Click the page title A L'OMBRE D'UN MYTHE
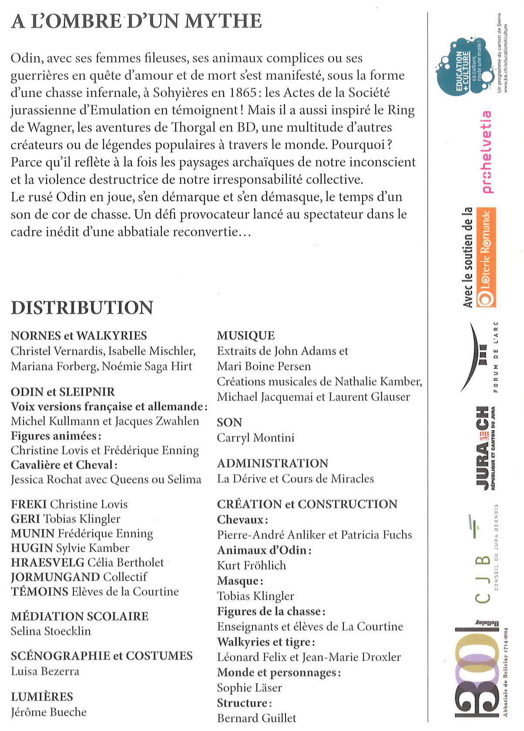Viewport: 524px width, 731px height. (x=136, y=21)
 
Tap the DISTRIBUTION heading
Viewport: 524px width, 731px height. (x=82, y=308)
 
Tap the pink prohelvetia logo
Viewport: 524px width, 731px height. (x=486, y=152)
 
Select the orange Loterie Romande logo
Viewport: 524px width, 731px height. (x=486, y=258)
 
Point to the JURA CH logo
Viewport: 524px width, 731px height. (x=484, y=448)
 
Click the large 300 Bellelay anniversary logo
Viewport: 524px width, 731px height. (x=477, y=670)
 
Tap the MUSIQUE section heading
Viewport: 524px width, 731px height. (x=246, y=335)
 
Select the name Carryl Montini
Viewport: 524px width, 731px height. (x=256, y=438)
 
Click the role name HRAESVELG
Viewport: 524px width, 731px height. (x=47, y=562)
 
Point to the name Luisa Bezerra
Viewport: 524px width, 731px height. (x=45, y=671)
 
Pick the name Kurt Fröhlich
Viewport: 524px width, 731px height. (x=252, y=566)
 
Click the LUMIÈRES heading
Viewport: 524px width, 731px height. (x=42, y=697)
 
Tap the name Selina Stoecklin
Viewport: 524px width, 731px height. (x=51, y=631)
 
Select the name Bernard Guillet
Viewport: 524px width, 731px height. (x=257, y=718)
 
